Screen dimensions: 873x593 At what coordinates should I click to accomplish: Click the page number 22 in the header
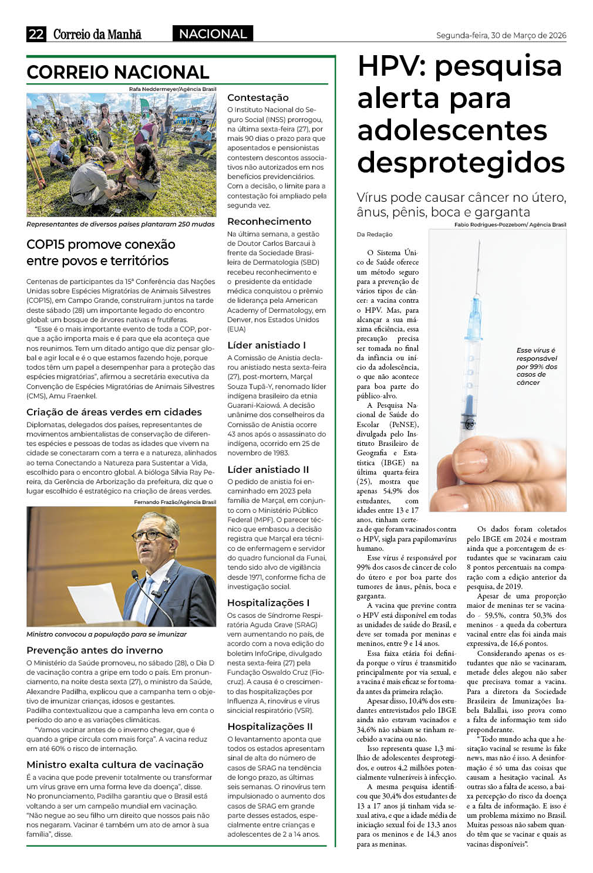tap(36, 34)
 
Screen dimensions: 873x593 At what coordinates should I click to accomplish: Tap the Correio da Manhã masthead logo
tap(97, 35)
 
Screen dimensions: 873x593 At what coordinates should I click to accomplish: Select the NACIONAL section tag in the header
tap(213, 34)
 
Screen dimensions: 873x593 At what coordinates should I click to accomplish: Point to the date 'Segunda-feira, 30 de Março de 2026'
tap(501, 36)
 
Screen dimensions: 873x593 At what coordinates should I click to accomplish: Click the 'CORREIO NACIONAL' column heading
tap(118, 72)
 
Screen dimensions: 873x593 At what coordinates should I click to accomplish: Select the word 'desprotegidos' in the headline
tap(461, 163)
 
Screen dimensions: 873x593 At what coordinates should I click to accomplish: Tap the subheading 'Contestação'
tap(258, 97)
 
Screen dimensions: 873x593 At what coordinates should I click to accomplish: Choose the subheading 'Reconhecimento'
tap(269, 221)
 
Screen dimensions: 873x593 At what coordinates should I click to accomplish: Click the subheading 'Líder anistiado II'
tap(268, 469)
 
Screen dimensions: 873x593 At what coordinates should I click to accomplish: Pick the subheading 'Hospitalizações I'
tap(268, 603)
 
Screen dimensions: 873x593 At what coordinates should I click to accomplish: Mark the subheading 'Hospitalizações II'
tap(270, 726)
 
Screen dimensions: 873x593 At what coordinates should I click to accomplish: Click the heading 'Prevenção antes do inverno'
tap(95, 650)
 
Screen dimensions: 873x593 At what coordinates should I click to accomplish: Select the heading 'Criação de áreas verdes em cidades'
tap(114, 412)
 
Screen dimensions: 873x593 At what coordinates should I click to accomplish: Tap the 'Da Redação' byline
tap(375, 235)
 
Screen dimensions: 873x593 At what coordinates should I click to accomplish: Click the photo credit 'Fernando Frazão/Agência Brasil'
tap(175, 502)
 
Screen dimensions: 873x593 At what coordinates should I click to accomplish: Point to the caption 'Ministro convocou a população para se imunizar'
tap(106, 634)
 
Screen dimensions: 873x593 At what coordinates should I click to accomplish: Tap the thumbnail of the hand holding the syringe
tap(497, 370)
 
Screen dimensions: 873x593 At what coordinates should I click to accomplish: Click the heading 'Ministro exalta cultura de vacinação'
tap(115, 764)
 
